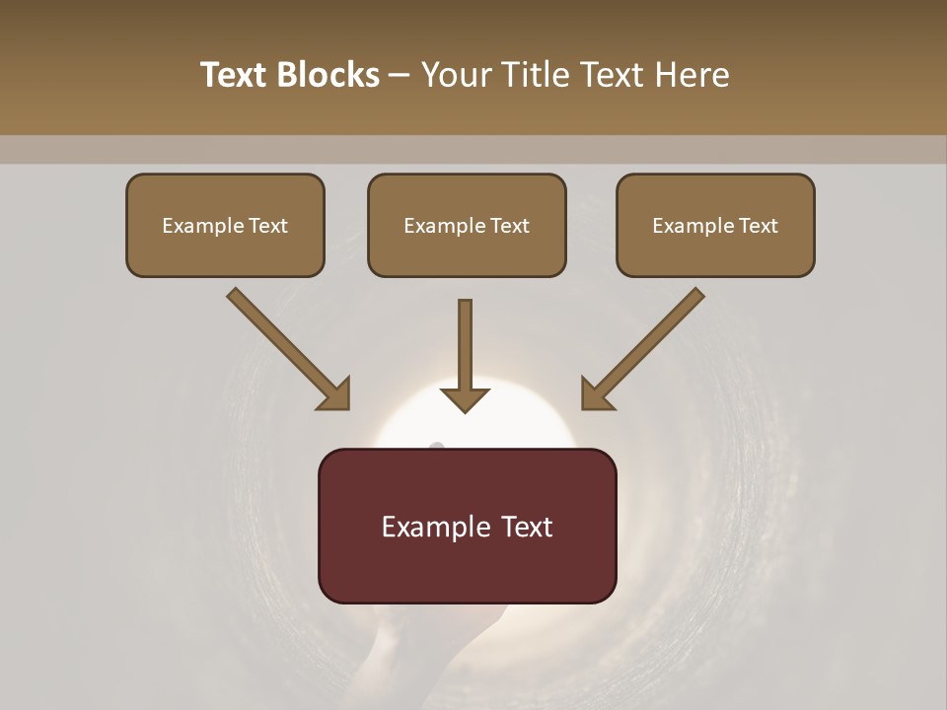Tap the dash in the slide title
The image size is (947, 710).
click(400, 76)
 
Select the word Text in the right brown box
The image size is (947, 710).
click(758, 226)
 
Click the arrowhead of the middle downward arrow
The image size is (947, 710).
click(465, 399)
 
